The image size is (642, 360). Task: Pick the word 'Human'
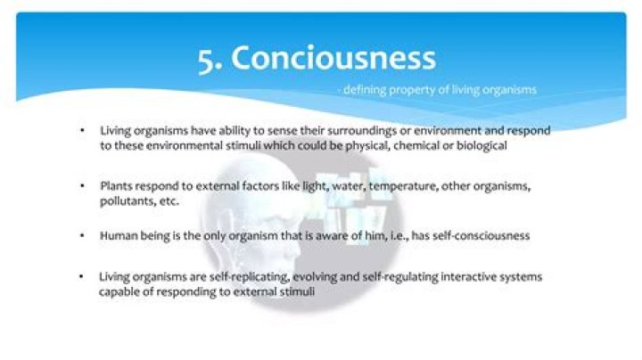(119, 236)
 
